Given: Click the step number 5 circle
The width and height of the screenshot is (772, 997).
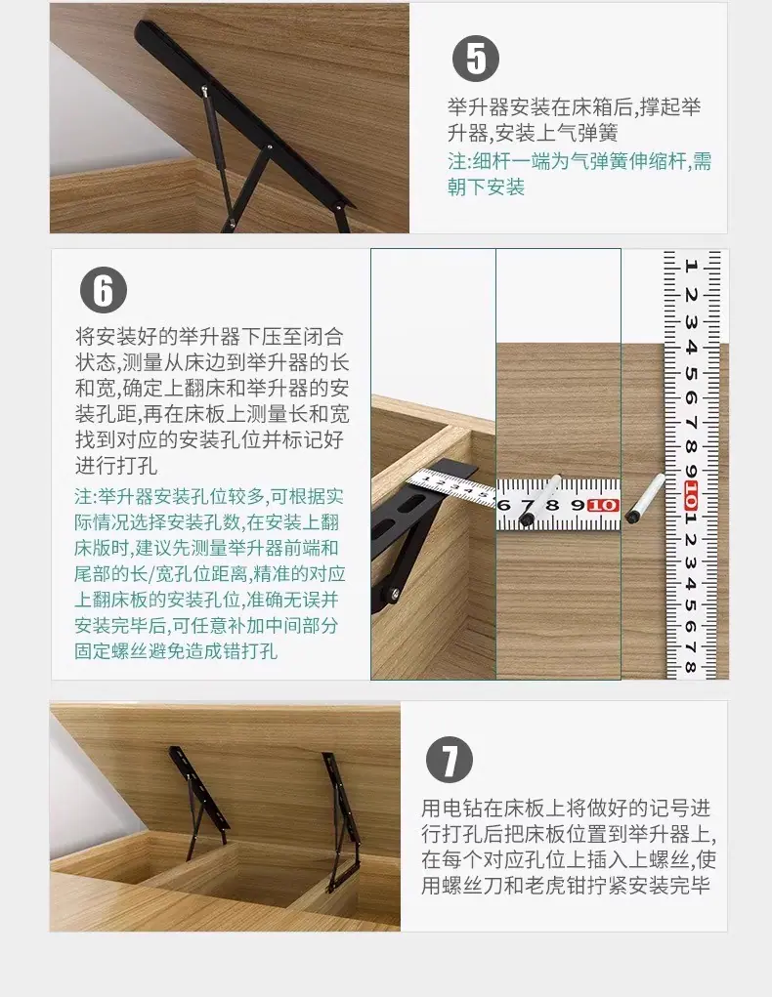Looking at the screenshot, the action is click(x=476, y=60).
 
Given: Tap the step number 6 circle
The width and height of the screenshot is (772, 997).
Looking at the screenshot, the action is click(x=104, y=290).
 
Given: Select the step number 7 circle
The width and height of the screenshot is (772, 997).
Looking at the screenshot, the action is click(x=450, y=759).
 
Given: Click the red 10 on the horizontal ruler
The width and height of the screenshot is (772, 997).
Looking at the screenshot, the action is click(x=603, y=505).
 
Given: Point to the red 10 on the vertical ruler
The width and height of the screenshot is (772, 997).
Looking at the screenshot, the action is click(x=691, y=497).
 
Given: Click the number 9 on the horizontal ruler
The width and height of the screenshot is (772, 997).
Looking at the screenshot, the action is click(x=578, y=506).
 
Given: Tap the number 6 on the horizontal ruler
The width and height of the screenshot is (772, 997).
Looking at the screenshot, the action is click(x=504, y=506).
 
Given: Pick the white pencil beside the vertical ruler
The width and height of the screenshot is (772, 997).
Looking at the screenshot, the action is click(x=644, y=498).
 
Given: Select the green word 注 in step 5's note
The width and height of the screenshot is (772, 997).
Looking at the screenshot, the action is click(x=457, y=161).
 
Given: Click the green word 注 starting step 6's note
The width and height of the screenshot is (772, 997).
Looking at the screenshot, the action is click(x=83, y=496).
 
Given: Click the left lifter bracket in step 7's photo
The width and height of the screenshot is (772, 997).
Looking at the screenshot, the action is click(x=197, y=803).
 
